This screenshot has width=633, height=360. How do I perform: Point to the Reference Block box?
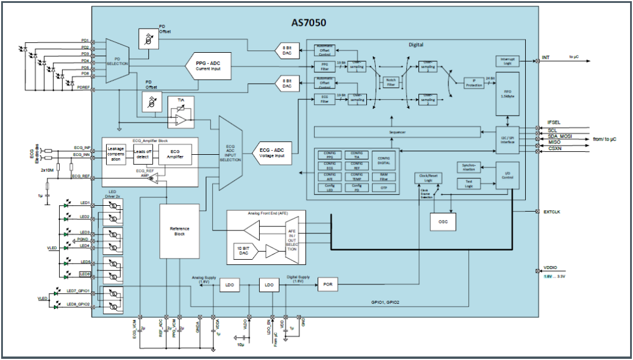click(179, 232)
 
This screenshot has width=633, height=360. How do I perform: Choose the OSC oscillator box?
click(443, 221)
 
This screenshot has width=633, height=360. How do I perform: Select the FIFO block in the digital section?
click(508, 93)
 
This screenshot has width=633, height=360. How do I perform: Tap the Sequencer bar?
click(397, 133)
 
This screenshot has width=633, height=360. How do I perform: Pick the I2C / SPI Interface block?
click(508, 138)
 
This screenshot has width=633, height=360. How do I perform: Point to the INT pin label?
click(546, 57)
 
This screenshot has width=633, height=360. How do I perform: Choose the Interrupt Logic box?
click(507, 60)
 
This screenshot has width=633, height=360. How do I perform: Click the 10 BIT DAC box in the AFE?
click(246, 251)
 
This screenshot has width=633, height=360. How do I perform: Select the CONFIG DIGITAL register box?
click(384, 159)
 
